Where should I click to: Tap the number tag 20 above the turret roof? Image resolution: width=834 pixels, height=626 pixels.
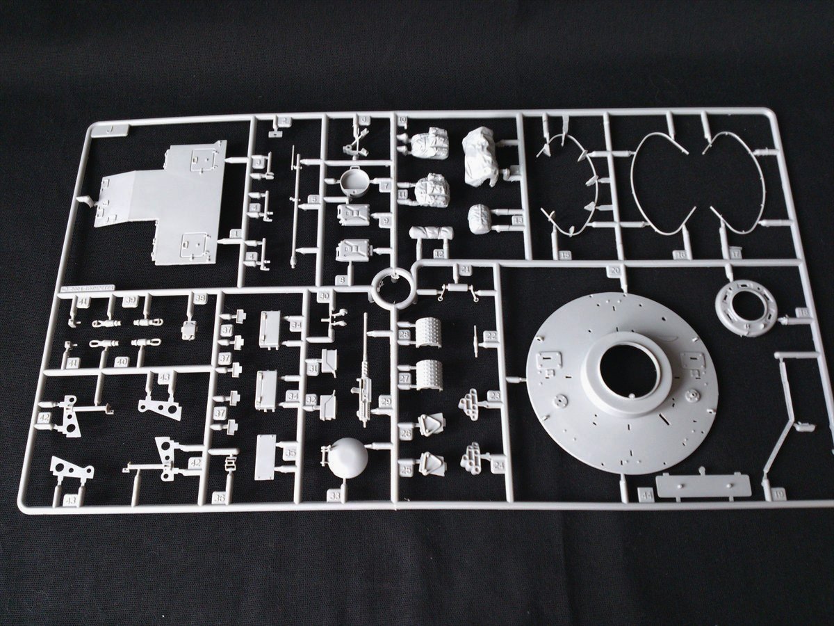click(x=614, y=270)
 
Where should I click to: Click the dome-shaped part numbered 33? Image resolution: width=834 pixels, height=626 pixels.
click(x=347, y=458)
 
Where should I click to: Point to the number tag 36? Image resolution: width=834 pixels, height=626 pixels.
click(x=220, y=498)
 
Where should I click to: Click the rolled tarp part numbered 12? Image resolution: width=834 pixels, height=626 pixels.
click(x=432, y=234)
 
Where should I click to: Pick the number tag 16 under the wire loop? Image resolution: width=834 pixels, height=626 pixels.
click(x=679, y=255)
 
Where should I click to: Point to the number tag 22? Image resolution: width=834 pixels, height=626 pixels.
click(x=491, y=336)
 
